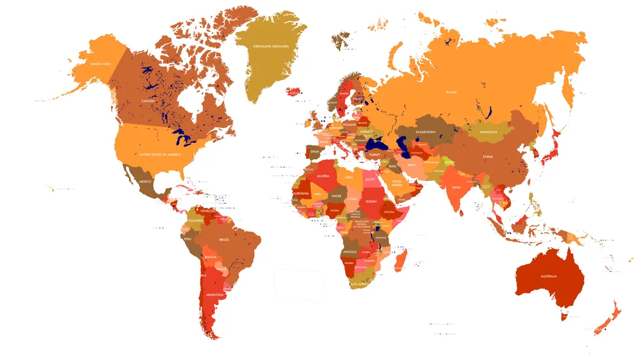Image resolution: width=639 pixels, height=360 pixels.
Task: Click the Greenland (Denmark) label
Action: [271, 46]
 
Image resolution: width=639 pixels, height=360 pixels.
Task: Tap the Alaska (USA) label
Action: [100, 63]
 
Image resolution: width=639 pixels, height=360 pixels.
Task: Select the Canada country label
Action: [148, 101]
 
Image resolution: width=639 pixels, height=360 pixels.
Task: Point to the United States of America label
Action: [160, 154]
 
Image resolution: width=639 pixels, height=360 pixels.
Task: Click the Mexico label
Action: [145, 181]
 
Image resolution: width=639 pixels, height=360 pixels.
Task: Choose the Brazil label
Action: [224, 239]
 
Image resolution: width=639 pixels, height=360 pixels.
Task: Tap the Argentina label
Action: [215, 295]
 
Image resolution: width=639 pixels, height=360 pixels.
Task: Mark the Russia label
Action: [451, 92]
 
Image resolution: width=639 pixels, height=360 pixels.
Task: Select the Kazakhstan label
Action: [425, 131]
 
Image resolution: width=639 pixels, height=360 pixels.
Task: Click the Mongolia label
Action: [488, 132]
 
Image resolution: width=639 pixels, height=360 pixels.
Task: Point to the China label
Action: [488, 156]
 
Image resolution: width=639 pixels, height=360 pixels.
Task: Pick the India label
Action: [457, 187]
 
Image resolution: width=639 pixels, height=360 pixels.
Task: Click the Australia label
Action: [549, 276]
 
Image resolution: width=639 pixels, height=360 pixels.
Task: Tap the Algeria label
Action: [323, 175]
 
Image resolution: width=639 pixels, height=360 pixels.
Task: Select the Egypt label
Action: [370, 179]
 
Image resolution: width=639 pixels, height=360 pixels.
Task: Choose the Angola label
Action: [349, 251]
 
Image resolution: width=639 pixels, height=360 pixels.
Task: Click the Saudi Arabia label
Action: [396, 183]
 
